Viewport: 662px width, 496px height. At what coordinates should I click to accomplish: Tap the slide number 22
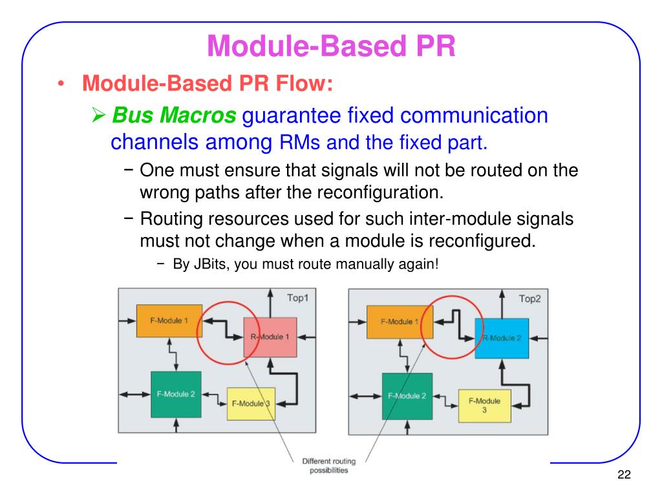tap(623, 475)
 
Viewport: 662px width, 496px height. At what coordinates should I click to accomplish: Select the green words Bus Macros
tap(174, 116)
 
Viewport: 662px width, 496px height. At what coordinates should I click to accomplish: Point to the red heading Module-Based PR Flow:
tap(208, 83)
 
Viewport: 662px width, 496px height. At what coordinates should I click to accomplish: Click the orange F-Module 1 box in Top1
tap(169, 321)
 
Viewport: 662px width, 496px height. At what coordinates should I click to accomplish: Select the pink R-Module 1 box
tap(270, 337)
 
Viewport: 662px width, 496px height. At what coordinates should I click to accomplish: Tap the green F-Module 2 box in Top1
tap(176, 394)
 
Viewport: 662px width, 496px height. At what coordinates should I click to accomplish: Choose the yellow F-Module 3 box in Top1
tap(250, 404)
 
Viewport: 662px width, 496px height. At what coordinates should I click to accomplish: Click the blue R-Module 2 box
tap(501, 338)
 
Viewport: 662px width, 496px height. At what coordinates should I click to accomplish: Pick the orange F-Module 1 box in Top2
tap(400, 322)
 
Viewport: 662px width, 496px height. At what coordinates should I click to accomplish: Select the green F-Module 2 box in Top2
tap(407, 396)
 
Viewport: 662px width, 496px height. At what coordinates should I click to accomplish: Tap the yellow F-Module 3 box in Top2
tap(484, 406)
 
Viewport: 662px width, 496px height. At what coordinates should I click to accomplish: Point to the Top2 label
tap(530, 298)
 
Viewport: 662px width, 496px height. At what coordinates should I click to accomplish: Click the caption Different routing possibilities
tap(325, 466)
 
